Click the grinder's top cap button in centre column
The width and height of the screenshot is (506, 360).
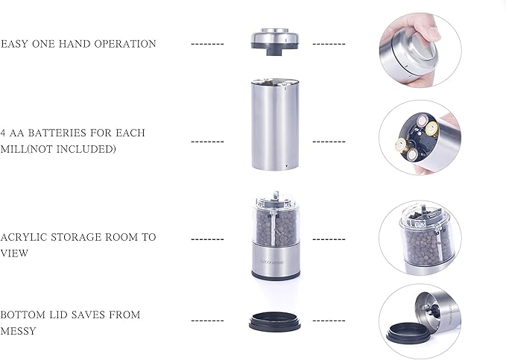[x=275, y=37]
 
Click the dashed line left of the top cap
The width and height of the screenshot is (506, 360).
[x=207, y=44]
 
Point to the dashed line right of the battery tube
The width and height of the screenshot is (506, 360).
[x=329, y=141]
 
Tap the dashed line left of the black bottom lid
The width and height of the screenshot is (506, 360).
[x=207, y=320]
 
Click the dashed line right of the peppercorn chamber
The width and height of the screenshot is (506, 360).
[x=329, y=239]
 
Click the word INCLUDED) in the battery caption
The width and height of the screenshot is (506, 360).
[x=90, y=148]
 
